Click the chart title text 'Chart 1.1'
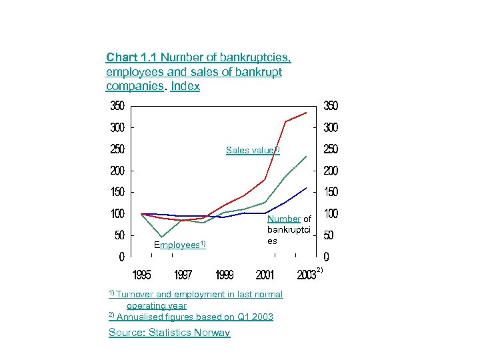[x=131, y=57]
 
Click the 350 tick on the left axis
[x=117, y=105]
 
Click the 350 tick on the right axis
[x=330, y=105]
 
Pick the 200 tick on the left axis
[x=117, y=171]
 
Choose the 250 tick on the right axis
[x=330, y=149]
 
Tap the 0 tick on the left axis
[x=121, y=257]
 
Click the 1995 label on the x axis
[x=141, y=275]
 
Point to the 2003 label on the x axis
[x=306, y=275]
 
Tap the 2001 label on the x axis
[x=265, y=275]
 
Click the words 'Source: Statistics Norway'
[x=169, y=333]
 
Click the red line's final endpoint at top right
[x=306, y=113]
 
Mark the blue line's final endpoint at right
[x=306, y=188]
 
